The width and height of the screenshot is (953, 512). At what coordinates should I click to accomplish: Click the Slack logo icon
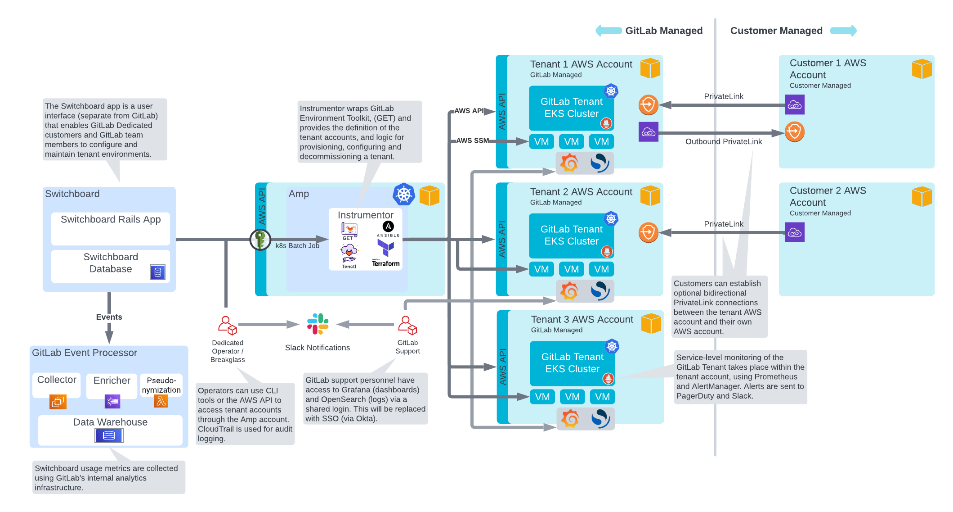(x=318, y=324)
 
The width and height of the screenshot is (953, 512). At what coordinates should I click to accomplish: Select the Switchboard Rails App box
(x=111, y=228)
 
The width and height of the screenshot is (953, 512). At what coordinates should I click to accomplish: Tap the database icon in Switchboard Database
(x=157, y=272)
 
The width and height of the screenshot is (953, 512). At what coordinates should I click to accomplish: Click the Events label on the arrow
(x=109, y=317)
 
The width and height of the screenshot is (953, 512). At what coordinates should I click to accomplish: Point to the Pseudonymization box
(x=161, y=385)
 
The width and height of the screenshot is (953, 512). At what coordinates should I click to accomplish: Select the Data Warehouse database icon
(x=109, y=435)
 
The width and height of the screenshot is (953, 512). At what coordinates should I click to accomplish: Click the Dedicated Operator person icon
(x=228, y=325)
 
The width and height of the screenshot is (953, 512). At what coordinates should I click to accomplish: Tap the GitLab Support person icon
(x=407, y=325)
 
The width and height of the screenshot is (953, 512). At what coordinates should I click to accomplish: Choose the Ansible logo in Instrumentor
(x=388, y=228)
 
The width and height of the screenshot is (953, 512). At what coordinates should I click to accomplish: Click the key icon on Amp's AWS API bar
(x=260, y=240)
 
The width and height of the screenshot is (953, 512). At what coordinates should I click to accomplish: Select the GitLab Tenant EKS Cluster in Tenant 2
(x=571, y=235)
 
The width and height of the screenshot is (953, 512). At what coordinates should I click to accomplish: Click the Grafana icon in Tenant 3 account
(x=570, y=418)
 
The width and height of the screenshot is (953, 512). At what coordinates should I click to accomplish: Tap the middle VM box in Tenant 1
(x=571, y=141)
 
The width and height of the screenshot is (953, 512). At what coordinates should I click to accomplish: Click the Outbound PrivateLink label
(x=723, y=141)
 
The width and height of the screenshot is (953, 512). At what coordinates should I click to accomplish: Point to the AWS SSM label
(x=472, y=140)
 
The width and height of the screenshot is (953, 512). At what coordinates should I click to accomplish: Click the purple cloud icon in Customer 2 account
(x=794, y=232)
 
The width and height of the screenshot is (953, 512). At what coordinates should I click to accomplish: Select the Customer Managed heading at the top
(x=776, y=31)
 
